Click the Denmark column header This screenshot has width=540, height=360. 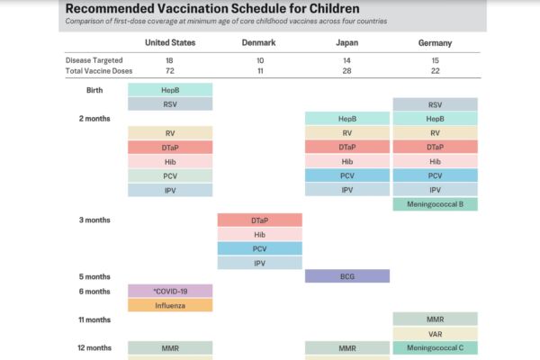tap(259, 42)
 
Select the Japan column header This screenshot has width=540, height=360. tap(346, 42)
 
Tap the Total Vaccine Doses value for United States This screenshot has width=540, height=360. tap(170, 70)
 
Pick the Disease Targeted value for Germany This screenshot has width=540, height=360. tap(435, 59)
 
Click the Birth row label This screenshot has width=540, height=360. tap(94, 90)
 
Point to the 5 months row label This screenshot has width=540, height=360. tap(94, 276)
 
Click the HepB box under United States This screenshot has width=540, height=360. tap(170, 90)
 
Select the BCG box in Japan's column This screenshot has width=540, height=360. tap(347, 276)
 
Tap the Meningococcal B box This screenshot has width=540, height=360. tap(435, 204)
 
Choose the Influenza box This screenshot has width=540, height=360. tap(170, 305)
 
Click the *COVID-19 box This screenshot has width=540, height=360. tap(170, 291)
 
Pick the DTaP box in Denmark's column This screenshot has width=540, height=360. tap(259, 220)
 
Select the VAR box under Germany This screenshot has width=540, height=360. tap(435, 334)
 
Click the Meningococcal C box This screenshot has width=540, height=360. tap(435, 348)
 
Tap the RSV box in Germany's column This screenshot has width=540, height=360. tap(435, 104)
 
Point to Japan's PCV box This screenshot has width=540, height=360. tap(347, 175)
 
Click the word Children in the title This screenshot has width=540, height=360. tap(310, 8)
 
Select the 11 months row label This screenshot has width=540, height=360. tap(95, 319)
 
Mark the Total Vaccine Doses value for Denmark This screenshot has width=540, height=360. tap(259, 70)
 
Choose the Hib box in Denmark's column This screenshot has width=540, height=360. tap(259, 234)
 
